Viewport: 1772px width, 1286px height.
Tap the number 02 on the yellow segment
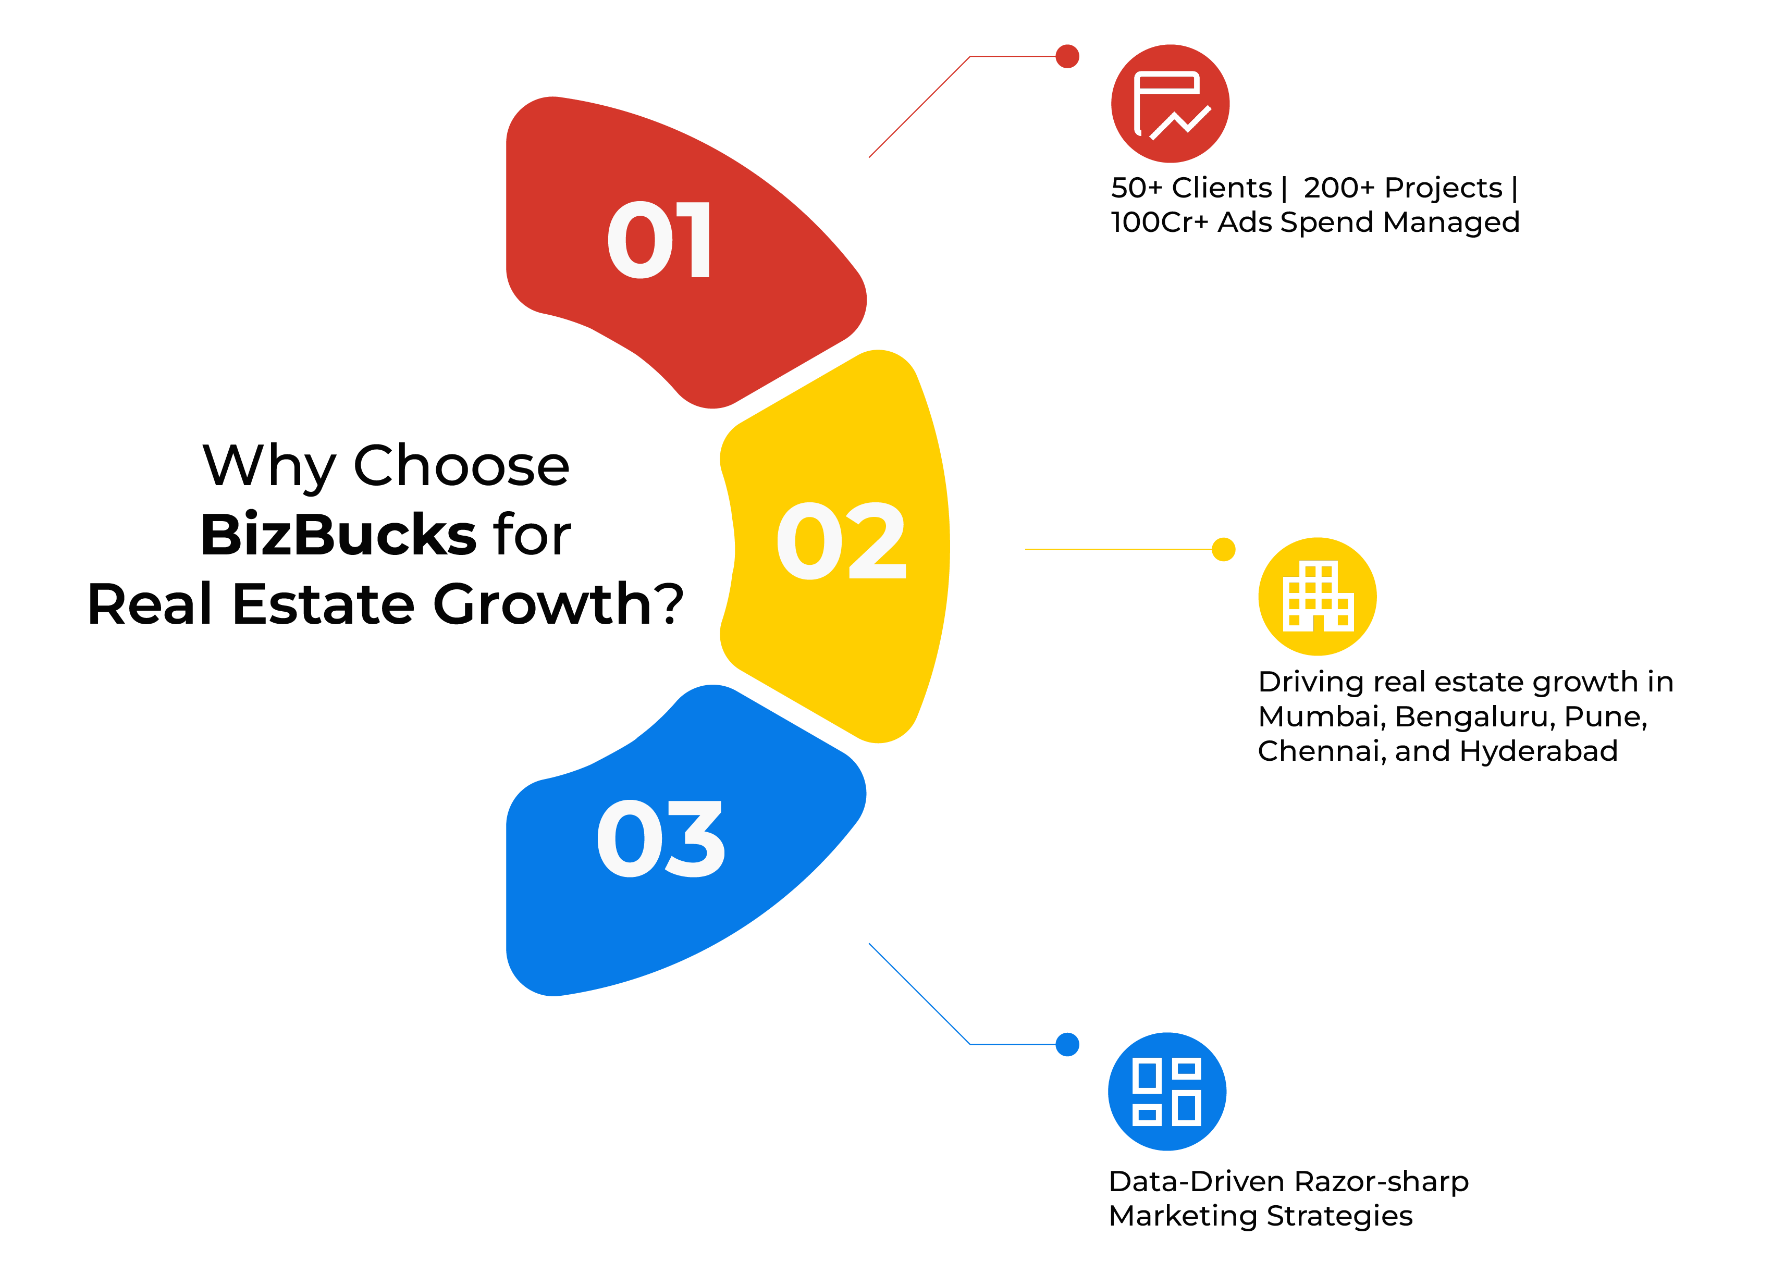(x=842, y=541)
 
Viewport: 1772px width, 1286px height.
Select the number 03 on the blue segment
(x=661, y=839)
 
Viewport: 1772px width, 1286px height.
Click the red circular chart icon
(x=1170, y=104)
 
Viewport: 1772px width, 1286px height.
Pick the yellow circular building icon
(x=1318, y=596)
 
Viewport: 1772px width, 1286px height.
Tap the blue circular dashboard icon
(x=1167, y=1092)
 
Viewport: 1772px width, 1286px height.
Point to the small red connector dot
(x=1067, y=56)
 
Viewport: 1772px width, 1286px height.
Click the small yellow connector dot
(x=1224, y=549)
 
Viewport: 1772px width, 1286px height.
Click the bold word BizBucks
(x=338, y=535)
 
